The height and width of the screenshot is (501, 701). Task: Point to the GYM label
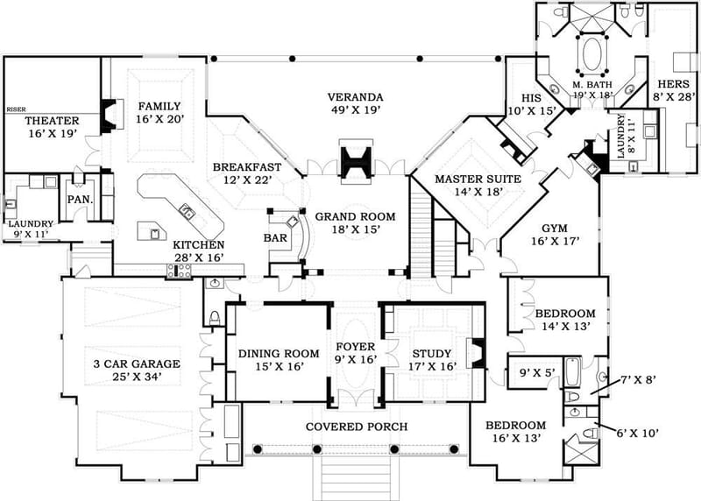pos(554,226)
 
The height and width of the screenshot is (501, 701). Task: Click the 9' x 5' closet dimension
pos(531,370)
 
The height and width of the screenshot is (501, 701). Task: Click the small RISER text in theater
pos(15,110)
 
